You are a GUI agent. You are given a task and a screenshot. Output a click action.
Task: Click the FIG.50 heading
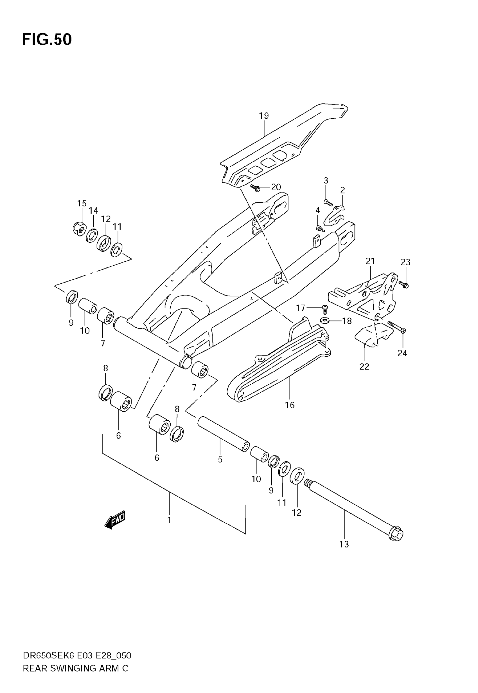47,40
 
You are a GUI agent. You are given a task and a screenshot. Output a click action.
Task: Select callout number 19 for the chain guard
264,116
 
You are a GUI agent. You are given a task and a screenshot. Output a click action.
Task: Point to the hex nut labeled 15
79,229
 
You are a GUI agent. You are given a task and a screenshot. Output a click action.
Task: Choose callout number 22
364,366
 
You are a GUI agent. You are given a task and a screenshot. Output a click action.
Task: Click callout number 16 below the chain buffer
290,405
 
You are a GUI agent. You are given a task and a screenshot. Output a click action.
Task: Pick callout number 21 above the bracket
370,261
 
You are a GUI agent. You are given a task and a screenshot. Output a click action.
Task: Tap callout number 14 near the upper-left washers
93,211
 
